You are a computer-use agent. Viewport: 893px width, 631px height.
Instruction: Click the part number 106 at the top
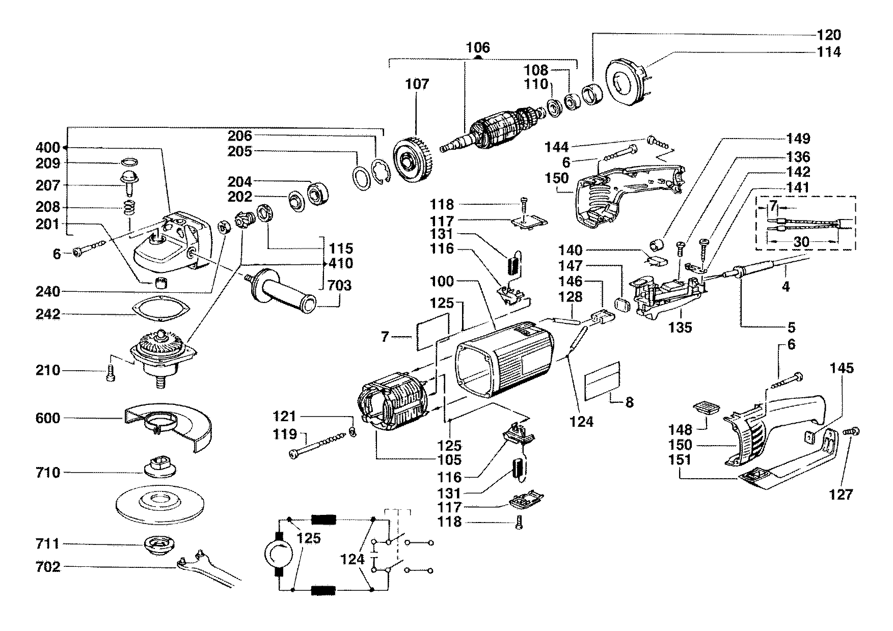[x=477, y=48]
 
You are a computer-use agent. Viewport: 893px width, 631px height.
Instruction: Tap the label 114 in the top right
[x=829, y=52]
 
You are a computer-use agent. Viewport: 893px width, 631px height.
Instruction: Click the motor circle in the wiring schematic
[x=278, y=555]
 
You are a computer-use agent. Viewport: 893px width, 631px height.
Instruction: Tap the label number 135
[x=680, y=327]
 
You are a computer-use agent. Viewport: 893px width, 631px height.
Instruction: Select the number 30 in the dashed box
[x=801, y=242]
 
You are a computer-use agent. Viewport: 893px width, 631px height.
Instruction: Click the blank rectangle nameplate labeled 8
[x=602, y=381]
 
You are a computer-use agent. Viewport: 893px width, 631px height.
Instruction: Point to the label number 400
[x=48, y=148]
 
